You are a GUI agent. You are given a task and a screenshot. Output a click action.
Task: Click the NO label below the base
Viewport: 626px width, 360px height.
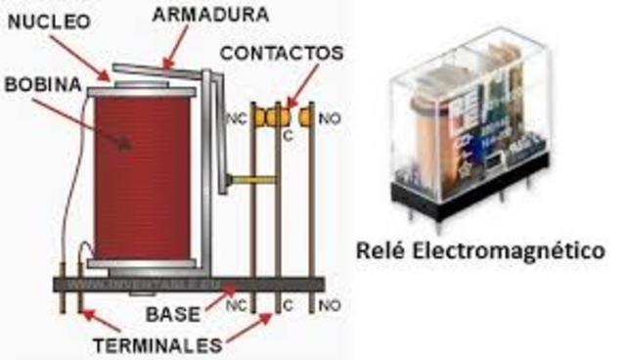tap(331, 306)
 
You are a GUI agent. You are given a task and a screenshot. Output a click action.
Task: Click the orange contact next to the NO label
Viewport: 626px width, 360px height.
tap(304, 117)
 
